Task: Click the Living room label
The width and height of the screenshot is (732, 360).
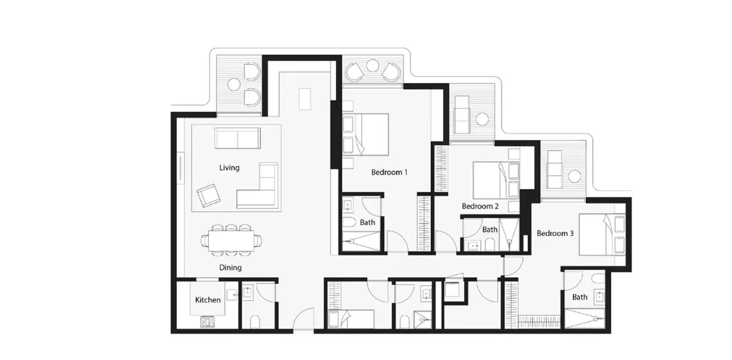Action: (229, 168)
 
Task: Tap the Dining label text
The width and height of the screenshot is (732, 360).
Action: (230, 268)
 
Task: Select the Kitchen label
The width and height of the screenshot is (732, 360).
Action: (208, 300)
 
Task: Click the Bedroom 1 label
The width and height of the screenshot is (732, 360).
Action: (389, 172)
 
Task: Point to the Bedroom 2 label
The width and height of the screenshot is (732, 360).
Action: (480, 206)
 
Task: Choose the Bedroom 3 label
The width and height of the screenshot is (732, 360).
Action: (554, 233)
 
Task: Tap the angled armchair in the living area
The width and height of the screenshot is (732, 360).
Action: (208, 195)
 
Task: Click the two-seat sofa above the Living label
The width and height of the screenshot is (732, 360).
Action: (237, 138)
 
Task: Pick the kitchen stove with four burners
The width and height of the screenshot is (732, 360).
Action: (207, 322)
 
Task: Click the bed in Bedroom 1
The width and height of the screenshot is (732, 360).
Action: (366, 134)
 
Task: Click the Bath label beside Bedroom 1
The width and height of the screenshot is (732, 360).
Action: (367, 222)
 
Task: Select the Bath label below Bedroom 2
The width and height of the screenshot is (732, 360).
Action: (490, 230)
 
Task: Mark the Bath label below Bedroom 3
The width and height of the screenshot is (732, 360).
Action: (580, 297)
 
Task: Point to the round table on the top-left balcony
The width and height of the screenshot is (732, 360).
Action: (234, 85)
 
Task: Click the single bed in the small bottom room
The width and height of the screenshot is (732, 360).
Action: (351, 318)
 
